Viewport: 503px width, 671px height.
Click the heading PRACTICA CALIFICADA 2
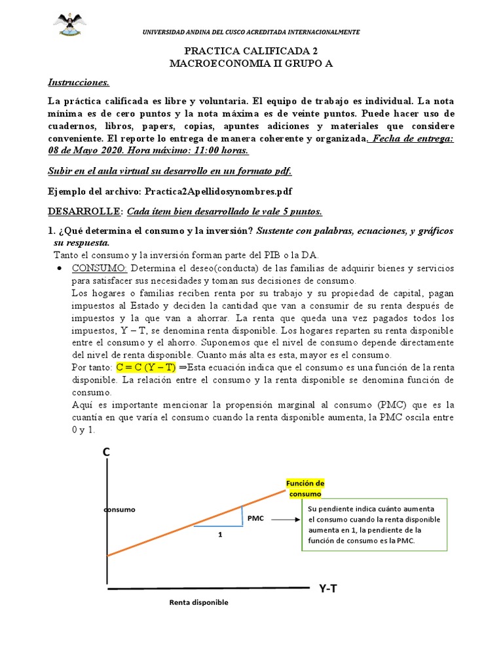[251, 50]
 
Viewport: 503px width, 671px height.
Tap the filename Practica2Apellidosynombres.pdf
[221, 191]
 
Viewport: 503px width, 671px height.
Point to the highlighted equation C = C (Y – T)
[147, 368]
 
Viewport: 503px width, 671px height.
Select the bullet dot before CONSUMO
[60, 270]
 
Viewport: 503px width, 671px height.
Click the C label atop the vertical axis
[105, 452]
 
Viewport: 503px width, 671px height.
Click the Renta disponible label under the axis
[198, 602]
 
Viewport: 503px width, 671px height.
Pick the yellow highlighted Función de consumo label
[305, 488]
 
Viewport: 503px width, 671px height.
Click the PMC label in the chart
[255, 518]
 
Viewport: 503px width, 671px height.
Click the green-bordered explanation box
[374, 525]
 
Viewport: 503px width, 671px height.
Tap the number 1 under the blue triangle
[220, 534]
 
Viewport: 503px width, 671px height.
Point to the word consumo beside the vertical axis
[119, 508]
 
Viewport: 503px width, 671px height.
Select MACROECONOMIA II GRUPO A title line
[251, 63]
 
